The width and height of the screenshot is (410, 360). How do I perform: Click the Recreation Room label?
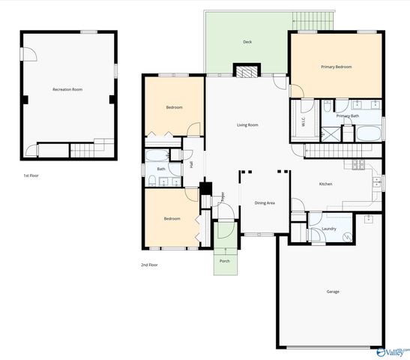[67, 89]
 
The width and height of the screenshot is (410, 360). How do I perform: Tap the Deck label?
[247, 42]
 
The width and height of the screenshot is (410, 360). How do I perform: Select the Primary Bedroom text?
[336, 67]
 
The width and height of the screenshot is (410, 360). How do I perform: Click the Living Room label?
[247, 124]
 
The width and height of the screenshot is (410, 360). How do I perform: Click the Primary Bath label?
[348, 116]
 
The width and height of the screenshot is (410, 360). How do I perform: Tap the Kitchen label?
[325, 184]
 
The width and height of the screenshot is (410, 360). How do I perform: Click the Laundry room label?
[328, 229]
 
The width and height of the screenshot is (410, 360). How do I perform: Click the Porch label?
[225, 261]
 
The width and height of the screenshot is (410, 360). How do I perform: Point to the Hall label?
[192, 165]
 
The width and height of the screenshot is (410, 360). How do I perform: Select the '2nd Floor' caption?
[148, 265]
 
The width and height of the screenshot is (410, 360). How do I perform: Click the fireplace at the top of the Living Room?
[246, 72]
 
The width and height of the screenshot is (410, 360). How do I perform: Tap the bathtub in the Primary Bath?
[367, 135]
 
